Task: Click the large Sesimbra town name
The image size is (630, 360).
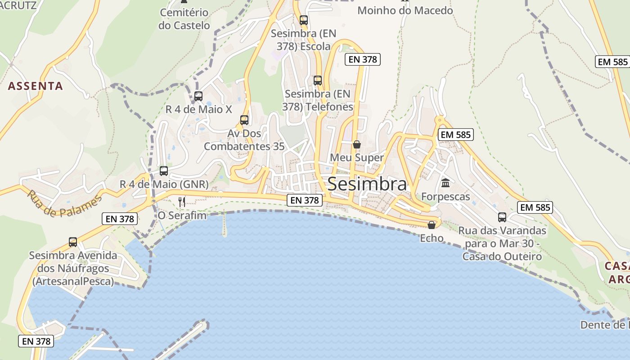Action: (x=367, y=184)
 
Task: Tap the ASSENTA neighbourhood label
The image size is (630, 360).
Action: (x=35, y=86)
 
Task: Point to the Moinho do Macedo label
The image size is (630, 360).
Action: (x=405, y=10)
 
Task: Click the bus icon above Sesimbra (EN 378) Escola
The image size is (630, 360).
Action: (x=304, y=20)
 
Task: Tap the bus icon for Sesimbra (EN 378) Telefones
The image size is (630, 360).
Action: (x=318, y=81)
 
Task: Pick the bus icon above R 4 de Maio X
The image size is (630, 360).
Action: (x=198, y=96)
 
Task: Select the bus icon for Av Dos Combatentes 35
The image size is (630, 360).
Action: (x=244, y=120)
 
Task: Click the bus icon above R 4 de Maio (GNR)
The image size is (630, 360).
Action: (x=164, y=171)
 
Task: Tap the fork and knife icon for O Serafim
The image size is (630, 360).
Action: (x=182, y=202)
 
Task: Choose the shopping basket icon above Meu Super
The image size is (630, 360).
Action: (x=357, y=144)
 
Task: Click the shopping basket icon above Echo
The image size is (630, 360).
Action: (x=432, y=225)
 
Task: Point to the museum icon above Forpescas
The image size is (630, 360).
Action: (x=445, y=183)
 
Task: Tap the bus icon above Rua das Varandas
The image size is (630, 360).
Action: (x=502, y=217)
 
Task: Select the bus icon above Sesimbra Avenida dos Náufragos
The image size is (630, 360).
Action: (x=73, y=242)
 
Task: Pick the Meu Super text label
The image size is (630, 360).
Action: (x=357, y=157)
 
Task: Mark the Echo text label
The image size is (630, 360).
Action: (x=432, y=238)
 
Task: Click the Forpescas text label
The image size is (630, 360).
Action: (x=445, y=197)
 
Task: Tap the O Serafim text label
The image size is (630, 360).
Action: (x=182, y=216)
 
